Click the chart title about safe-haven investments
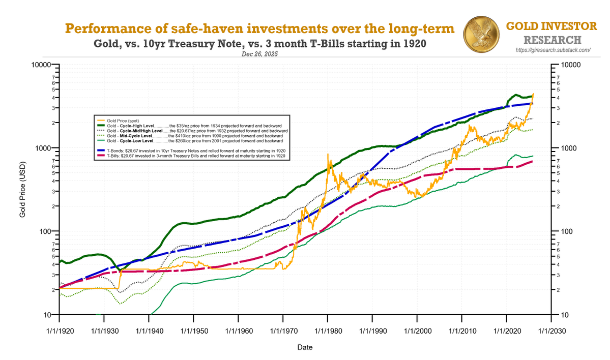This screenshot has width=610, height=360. [259, 29]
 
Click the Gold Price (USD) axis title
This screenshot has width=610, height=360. [22, 191]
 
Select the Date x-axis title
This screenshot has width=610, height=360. [305, 348]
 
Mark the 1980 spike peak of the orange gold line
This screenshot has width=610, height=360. [328, 154]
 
